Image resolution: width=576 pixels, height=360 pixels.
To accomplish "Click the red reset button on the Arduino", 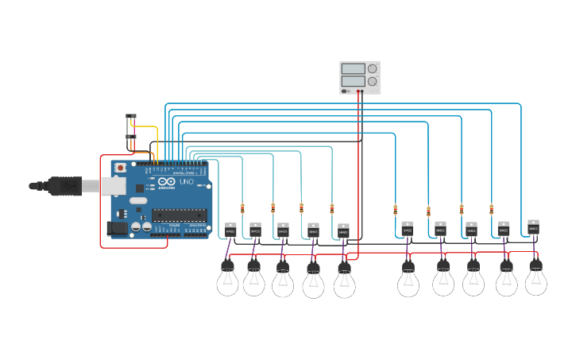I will point(120,168).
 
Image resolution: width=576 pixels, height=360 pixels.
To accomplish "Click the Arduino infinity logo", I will point(166,182).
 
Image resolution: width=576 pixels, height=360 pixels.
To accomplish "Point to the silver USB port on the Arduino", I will point(114,187).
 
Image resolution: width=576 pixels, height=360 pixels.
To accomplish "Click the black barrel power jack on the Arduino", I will point(116,228).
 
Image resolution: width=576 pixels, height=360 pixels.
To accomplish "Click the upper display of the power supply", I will point(353,69).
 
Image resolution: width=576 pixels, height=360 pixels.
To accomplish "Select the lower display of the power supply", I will point(353,81).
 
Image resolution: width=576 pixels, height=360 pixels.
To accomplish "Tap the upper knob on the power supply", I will point(372,69).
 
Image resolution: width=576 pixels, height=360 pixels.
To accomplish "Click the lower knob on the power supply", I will point(372,81).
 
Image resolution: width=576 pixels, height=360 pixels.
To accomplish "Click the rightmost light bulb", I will point(535,279).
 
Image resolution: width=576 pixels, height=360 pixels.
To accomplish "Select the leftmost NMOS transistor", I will point(230,230).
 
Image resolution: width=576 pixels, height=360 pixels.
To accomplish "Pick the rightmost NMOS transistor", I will point(533,226).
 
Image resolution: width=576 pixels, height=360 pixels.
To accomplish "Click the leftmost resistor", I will point(242,208).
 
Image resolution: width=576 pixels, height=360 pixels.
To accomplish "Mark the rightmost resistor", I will point(491,209).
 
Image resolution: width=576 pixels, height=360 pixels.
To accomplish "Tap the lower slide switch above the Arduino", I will point(131,137).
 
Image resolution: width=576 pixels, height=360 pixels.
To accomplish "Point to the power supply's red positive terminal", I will point(361,91).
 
